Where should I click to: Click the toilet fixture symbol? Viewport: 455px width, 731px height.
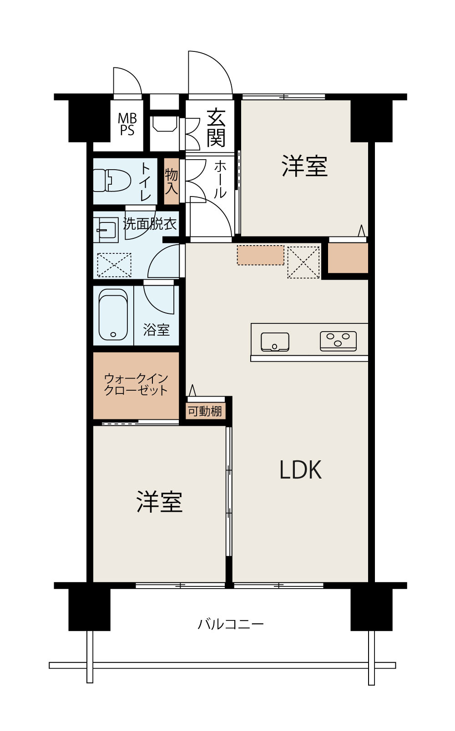[x=112, y=181]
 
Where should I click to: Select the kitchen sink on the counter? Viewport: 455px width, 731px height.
[x=275, y=342]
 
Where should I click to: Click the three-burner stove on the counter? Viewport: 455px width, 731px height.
[x=338, y=341]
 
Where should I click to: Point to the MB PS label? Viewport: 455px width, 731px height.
[x=127, y=124]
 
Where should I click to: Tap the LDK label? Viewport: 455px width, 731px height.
[x=301, y=469]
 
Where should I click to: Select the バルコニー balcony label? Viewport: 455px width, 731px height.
[x=231, y=624]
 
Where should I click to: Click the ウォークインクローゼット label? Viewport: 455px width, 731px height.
[x=136, y=384]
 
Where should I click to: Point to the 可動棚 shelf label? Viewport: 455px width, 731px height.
[x=205, y=411]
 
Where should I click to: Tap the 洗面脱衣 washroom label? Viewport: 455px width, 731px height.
[x=150, y=224]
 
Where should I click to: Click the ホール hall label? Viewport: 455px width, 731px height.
[x=220, y=180]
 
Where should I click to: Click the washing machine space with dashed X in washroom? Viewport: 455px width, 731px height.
[x=114, y=265]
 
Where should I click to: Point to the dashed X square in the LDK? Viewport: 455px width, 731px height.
[x=303, y=262]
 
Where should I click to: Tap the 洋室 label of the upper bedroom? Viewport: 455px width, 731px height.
[x=304, y=166]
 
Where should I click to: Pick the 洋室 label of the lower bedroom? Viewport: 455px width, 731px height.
[x=159, y=502]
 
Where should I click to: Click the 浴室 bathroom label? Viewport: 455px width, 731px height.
[x=157, y=330]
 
